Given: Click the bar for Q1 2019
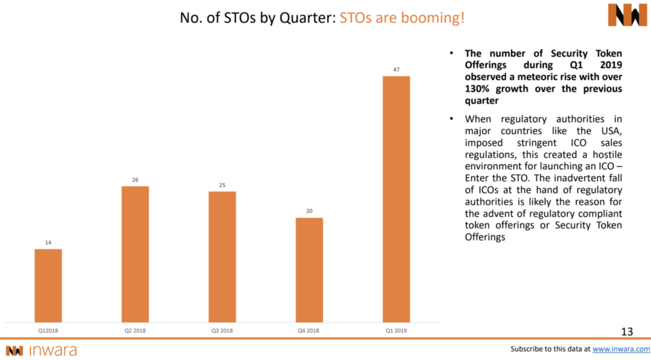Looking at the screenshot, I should tap(396, 198).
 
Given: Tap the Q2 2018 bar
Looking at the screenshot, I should tap(135, 254).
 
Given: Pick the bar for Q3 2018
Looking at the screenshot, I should tap(222, 256).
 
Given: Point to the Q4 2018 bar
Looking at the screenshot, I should tap(309, 270).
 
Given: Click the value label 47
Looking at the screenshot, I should tap(396, 69).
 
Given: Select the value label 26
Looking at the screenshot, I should tap(135, 179).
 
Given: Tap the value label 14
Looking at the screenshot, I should tap(48, 242).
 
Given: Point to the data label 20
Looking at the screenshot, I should tap(309, 211).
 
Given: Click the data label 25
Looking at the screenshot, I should tap(222, 184).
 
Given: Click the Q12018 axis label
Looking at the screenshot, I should tap(48, 330).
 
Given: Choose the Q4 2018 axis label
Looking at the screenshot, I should tap(309, 330).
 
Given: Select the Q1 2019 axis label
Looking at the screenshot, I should tap(396, 330).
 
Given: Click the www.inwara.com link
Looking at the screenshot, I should tap(621, 349).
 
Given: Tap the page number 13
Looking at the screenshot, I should tap(627, 331).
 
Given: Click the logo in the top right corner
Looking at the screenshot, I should tap(627, 15).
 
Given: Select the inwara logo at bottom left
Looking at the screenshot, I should tap(41, 350).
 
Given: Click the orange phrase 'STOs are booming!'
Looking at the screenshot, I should tap(402, 17).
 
